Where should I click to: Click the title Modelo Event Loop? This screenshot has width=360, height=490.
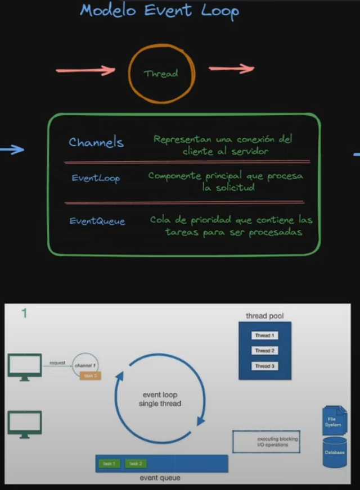pos(159,11)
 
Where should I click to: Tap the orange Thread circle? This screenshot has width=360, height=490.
pos(161,73)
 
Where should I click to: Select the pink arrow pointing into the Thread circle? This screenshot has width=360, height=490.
pos(85,71)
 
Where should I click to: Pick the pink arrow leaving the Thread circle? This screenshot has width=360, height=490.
pos(231,69)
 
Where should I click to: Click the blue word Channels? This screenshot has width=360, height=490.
pos(96,142)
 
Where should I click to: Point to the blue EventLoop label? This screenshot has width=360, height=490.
pos(96,178)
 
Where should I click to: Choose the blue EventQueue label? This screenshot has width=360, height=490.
pos(97,221)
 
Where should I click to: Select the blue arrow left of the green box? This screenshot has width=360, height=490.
pos(12,149)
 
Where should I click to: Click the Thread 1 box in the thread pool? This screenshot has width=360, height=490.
pos(264,335)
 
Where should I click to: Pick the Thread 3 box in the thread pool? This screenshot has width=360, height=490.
pos(264,366)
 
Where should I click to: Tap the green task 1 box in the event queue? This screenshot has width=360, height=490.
pos(110,464)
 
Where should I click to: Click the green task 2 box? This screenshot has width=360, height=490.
pos(136,464)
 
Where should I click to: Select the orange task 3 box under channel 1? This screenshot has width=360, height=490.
pos(90,375)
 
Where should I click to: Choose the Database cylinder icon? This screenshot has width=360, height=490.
pos(335,453)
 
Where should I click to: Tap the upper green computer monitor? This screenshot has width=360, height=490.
pos(24,365)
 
